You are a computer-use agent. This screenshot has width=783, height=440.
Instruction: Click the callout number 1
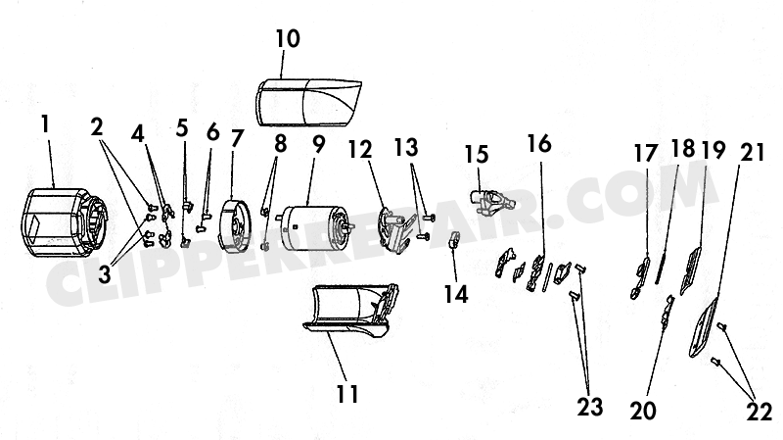(45, 124)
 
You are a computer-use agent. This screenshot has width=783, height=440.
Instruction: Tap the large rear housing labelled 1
(64, 223)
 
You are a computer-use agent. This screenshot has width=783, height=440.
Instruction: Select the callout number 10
(288, 39)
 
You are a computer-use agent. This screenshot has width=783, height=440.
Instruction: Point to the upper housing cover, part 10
(308, 102)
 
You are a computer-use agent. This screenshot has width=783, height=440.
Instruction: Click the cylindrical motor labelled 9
(314, 229)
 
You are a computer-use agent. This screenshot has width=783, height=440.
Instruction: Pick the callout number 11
(347, 394)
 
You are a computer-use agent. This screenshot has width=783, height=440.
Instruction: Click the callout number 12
(360, 149)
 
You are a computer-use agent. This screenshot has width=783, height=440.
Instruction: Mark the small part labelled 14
(453, 240)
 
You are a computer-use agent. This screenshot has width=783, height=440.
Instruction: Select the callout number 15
(477, 155)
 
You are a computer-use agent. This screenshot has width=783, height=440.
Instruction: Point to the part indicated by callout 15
(491, 201)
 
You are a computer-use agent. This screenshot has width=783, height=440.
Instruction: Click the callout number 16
(539, 143)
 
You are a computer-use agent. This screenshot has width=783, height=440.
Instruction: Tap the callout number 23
(590, 407)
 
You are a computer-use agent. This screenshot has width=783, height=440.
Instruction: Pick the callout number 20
(643, 411)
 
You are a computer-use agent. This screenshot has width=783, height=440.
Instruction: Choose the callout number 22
(760, 412)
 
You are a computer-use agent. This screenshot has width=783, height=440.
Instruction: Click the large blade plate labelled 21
(705, 327)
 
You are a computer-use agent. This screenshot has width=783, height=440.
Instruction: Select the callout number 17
(646, 154)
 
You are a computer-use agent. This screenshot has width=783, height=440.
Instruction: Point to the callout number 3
(104, 274)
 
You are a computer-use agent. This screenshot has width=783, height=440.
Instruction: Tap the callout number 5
(182, 128)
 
